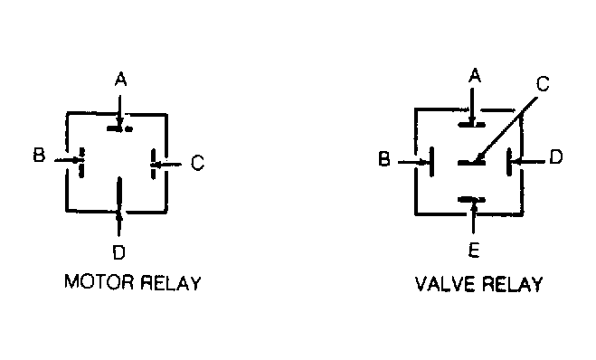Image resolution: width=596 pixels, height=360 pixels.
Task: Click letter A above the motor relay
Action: point(120,80)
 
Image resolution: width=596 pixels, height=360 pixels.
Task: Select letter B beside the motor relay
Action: point(39,155)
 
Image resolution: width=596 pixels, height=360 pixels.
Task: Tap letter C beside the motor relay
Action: point(198,163)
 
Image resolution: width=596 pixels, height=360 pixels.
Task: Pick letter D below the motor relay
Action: point(119,252)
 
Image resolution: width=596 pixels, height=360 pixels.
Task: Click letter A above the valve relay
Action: point(475,75)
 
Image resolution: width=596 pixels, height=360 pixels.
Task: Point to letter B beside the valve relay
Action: point(384,158)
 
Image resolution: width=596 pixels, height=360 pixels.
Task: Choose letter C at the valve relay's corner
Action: point(543,84)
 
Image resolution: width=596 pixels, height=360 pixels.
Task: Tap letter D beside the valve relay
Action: point(556,156)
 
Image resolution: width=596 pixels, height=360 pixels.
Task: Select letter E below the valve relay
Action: point(474,251)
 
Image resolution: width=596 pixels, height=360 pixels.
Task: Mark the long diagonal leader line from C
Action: point(506,128)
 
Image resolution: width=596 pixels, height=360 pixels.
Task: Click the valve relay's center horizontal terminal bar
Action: point(471,163)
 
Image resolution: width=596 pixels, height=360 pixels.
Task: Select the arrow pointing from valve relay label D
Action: point(528,162)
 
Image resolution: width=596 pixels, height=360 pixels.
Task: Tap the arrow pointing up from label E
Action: point(473,217)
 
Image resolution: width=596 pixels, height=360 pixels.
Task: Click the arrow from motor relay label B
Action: point(69,160)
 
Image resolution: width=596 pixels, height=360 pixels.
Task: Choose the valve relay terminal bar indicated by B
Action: point(431,162)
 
